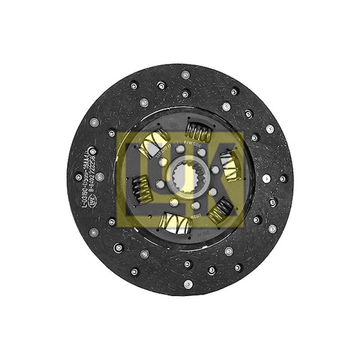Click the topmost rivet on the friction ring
click(x=184, y=74)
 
